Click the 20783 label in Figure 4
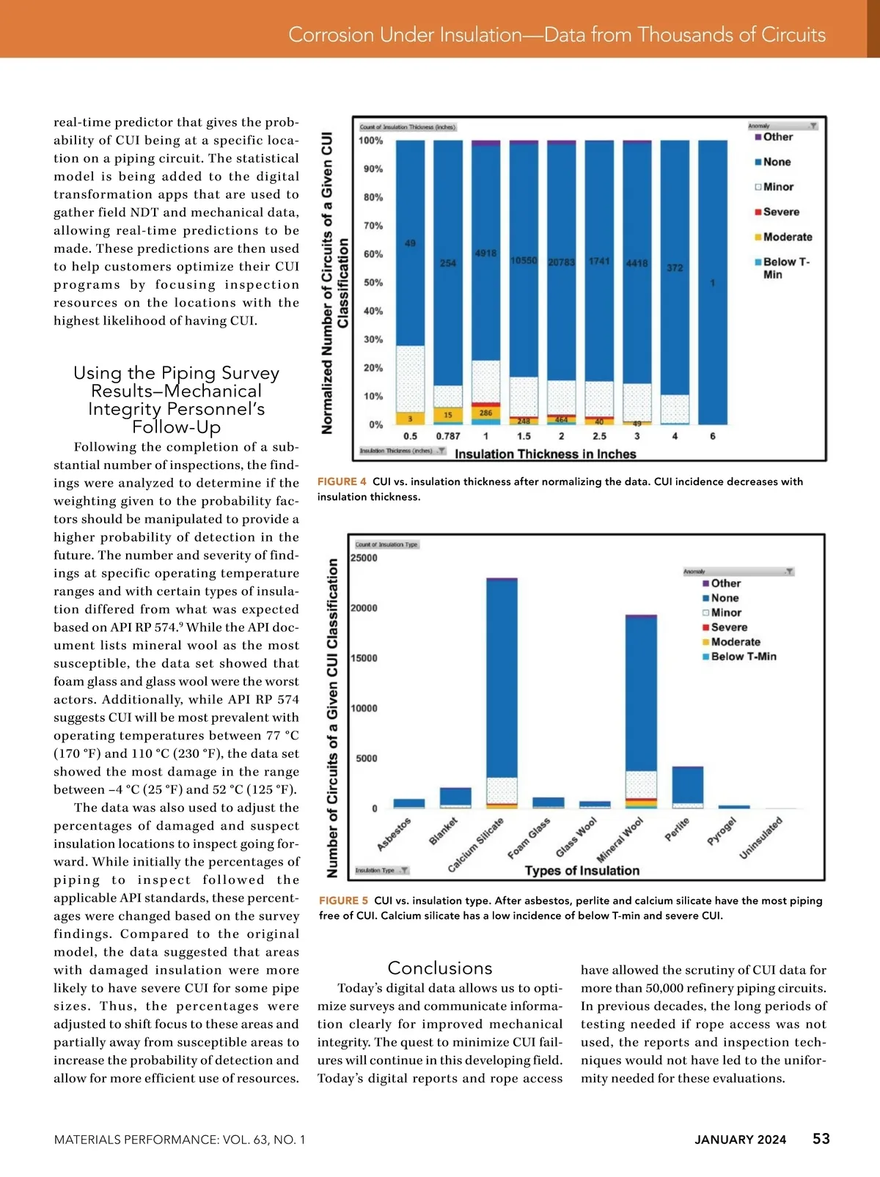click(562, 262)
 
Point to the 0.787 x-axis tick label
click(448, 436)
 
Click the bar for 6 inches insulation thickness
click(713, 282)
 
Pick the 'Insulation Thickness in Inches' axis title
click(546, 454)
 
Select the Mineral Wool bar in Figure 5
click(641, 704)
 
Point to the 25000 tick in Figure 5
click(364, 558)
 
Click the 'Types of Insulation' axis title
click(582, 871)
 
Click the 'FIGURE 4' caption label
click(342, 481)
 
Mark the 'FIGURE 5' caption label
click(344, 901)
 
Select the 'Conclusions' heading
click(440, 968)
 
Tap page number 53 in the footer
click(821, 1138)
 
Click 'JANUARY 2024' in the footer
click(741, 1140)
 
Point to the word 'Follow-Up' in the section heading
click(176, 427)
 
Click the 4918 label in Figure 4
click(485, 253)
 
